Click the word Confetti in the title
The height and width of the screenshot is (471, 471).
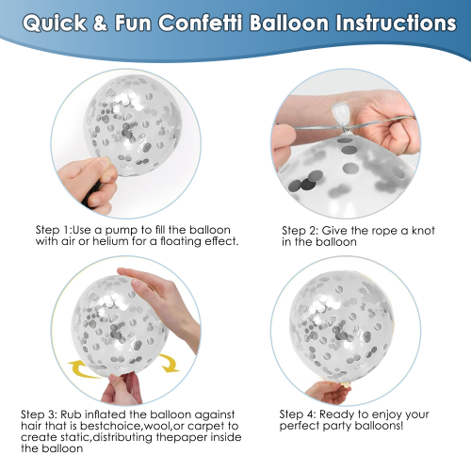pos(201,23)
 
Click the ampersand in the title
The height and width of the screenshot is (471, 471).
pos(100,23)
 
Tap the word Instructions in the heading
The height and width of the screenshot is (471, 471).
pos(396,23)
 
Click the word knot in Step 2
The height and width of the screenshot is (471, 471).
pos(423,231)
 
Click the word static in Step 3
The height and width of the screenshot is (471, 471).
pos(72,437)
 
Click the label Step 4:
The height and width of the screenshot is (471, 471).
pos(298,414)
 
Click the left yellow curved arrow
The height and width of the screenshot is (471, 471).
pos(82,369)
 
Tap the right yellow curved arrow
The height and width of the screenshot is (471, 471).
pos(170,363)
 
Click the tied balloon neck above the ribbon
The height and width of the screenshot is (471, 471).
pos(340,113)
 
